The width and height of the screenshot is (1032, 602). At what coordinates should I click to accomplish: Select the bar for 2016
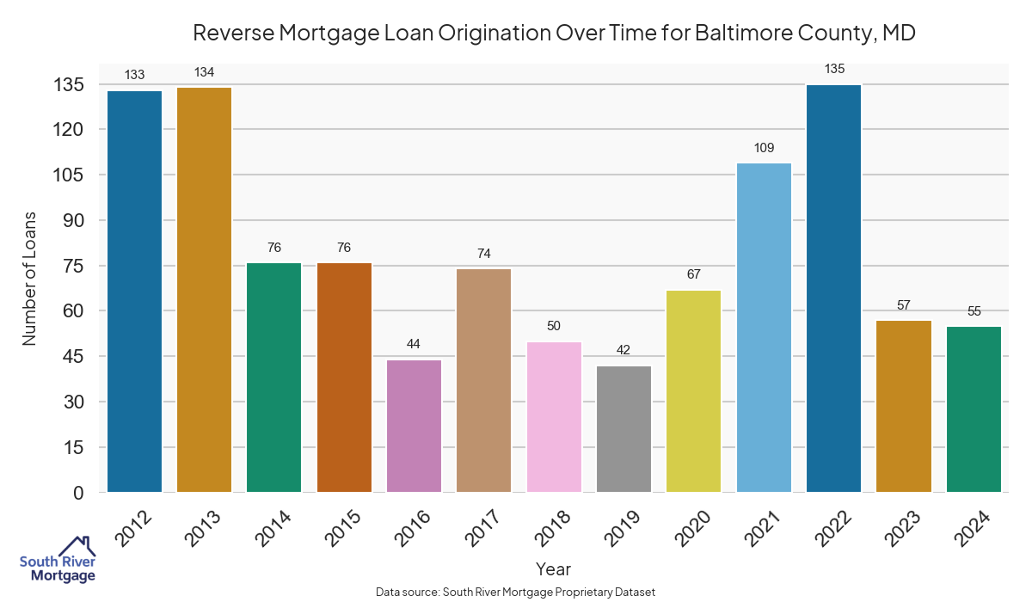pos(415,426)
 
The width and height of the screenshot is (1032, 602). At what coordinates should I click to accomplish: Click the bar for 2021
pos(765,328)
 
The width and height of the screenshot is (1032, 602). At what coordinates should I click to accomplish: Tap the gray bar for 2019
pos(624,429)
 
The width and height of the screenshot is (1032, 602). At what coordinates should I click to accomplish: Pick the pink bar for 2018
pos(555,417)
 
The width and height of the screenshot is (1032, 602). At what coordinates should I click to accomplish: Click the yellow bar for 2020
pos(694,391)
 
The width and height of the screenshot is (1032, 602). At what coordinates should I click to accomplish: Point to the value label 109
pos(765,148)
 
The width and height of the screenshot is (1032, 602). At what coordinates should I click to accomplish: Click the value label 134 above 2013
pos(204,72)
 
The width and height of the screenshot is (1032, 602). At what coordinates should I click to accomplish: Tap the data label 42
pos(624,351)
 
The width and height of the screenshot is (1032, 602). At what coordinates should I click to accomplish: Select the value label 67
pos(694,275)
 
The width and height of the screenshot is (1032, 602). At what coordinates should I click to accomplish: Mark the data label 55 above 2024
pos(974,311)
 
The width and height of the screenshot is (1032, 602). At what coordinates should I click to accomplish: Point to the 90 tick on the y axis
pos(72,220)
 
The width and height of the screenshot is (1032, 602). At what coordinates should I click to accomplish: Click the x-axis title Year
pos(553,569)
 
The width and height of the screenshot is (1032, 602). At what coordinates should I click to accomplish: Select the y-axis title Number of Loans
pos(30,277)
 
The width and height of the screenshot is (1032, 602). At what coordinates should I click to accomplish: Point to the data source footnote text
pos(516,592)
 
